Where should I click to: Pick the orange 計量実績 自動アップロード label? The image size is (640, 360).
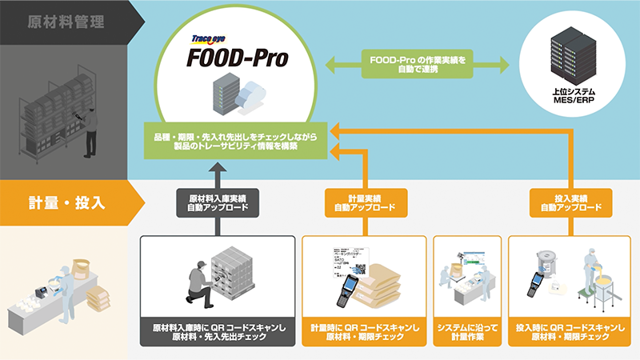pyautogui.click(x=359, y=202)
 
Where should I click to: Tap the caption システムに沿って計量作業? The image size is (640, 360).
pyautogui.click(x=467, y=333)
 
